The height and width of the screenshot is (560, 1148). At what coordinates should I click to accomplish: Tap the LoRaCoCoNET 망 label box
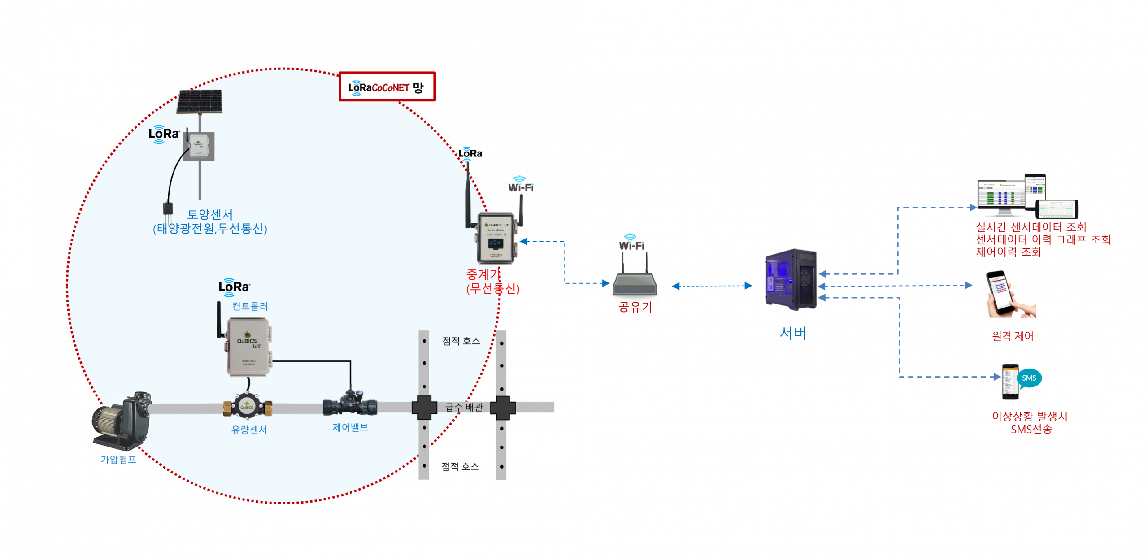point(387,87)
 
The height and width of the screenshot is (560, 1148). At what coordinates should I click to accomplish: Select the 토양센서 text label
point(210,214)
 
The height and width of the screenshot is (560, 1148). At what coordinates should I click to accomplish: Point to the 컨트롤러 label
point(250,306)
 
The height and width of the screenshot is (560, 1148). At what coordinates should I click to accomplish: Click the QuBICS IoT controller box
point(248,346)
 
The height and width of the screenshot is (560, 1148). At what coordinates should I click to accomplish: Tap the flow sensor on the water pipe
point(247,406)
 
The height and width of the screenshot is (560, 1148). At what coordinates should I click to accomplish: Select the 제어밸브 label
point(350,427)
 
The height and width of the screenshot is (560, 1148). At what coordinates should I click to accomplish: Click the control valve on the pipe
point(350,403)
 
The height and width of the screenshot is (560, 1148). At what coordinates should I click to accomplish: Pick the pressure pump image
point(122,421)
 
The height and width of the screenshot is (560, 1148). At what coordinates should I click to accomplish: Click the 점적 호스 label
point(461,341)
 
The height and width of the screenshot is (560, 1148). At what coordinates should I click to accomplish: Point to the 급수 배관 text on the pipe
point(464,407)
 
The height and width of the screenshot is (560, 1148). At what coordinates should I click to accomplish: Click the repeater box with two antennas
point(496,238)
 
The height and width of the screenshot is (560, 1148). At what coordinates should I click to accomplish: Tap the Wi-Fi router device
point(635,285)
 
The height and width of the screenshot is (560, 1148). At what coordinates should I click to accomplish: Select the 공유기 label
point(635,307)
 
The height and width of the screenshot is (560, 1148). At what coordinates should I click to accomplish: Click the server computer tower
point(791,279)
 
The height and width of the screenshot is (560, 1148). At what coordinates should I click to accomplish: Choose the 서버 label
point(793,333)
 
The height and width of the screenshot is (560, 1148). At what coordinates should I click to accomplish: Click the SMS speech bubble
point(1029,378)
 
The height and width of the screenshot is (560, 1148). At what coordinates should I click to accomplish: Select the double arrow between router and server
point(712,286)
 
